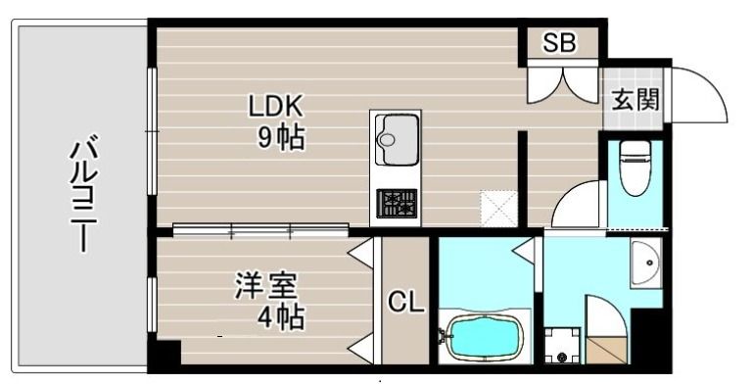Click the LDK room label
point(275,107)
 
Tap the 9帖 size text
point(281,138)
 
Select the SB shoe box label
point(559,43)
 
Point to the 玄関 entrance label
point(635,100)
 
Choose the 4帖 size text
point(281,317)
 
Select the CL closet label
point(406,303)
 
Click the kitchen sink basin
point(396,140)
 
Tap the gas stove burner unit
point(397,204)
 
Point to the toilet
point(634,168)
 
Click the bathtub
point(486,338)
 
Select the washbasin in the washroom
point(646,264)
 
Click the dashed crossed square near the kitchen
point(499,209)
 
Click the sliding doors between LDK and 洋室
point(260,231)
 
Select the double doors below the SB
point(563,85)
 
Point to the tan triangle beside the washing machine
point(607,350)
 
